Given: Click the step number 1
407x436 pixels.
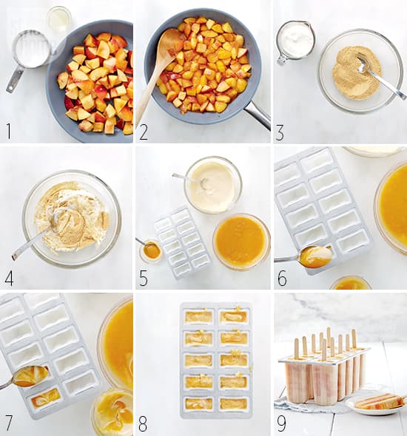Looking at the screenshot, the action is tap(9, 132).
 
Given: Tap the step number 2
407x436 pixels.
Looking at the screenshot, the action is tap(144, 132).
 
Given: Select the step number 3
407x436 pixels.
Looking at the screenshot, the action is tap(280, 132).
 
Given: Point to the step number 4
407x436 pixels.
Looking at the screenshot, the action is tap(9, 278).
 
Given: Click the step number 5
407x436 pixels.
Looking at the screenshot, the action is tap(144, 278).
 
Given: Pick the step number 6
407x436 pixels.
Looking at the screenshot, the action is tap(282, 279).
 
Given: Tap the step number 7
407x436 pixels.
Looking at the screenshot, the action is tap(9, 423).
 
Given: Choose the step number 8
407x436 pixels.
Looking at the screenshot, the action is tap(143, 423).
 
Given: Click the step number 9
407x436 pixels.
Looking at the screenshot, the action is tap(281, 423).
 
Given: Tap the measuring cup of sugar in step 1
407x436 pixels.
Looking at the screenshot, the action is tap(28, 58).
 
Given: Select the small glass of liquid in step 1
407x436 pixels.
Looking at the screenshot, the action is tap(59, 18).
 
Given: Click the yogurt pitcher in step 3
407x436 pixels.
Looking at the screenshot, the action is tap(296, 41).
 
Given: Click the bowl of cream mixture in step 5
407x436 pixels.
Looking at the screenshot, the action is tap(213, 185).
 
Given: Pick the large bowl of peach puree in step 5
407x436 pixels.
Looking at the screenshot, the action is tap(241, 241).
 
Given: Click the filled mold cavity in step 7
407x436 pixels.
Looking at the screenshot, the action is tap(43, 398).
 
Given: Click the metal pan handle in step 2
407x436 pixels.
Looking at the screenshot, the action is tap(258, 114).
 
